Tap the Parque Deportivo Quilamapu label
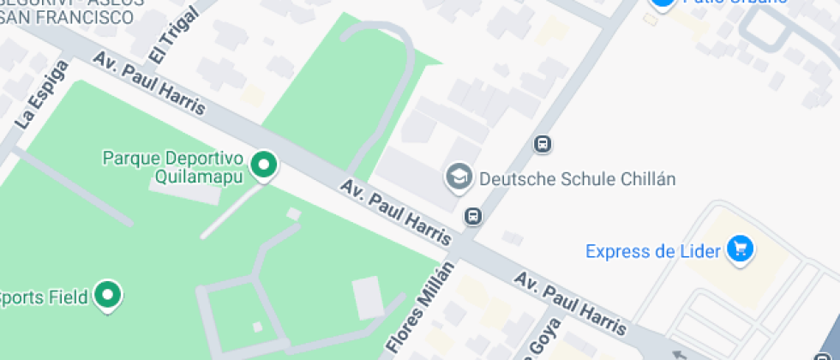click(x=174, y=167)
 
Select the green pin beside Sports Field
click(x=107, y=296)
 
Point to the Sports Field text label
click(x=45, y=297)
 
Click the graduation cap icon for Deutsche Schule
click(x=459, y=177)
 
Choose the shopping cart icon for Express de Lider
click(x=740, y=250)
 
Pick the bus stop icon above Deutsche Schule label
click(x=542, y=143)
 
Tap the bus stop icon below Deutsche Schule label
click(x=472, y=215)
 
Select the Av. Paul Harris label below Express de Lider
click(x=569, y=303)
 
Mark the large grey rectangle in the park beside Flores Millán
click(x=368, y=297)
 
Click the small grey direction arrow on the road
click(x=679, y=352)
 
